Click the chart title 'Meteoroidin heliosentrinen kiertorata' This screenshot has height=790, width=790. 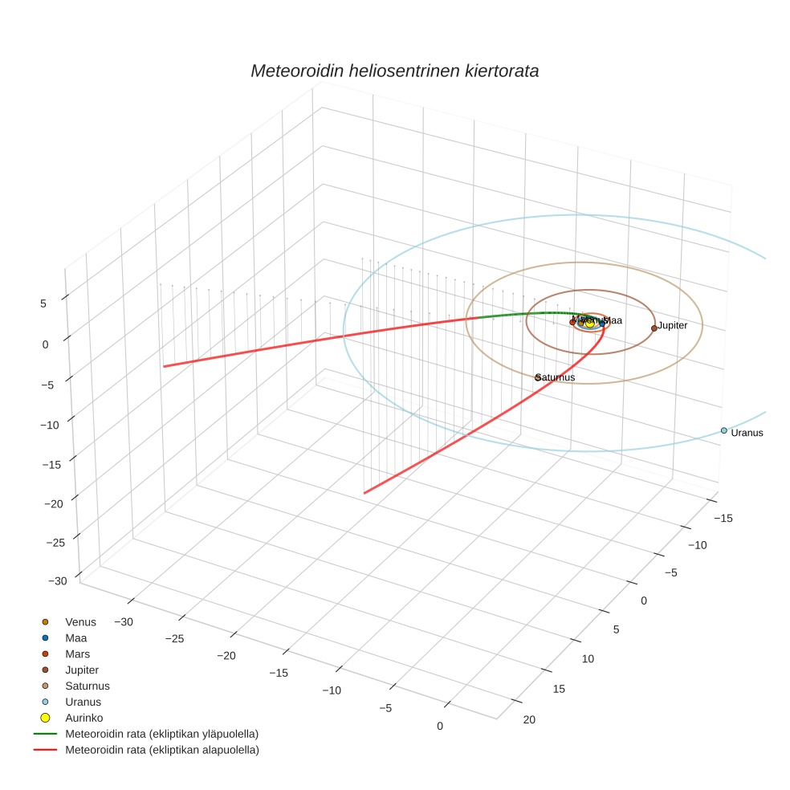(394, 71)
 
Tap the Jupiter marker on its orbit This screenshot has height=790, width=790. (654, 328)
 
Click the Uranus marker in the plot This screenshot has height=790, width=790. (723, 430)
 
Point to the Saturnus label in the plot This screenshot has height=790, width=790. (556, 377)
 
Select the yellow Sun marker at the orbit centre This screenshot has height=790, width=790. (590, 323)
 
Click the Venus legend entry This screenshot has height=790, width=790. (80, 621)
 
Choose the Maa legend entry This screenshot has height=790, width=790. (75, 637)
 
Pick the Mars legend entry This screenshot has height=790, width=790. (77, 654)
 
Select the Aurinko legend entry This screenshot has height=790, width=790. (83, 717)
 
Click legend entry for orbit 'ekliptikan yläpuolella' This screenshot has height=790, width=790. (161, 734)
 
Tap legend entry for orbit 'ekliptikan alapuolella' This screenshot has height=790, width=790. (161, 750)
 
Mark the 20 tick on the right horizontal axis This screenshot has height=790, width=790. (529, 719)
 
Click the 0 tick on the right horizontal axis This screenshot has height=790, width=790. (643, 601)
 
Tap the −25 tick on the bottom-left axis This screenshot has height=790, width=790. (174, 638)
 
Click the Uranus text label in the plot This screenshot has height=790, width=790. (747, 433)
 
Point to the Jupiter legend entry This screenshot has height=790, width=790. (82, 670)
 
